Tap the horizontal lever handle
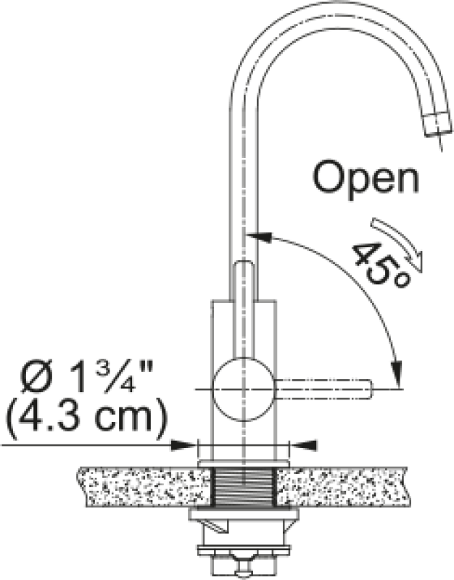pyautogui.click(x=323, y=389)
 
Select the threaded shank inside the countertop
pyautogui.click(x=244, y=486)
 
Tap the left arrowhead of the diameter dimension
pyautogui.click(x=183, y=445)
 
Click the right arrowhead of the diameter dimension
pyautogui.click(x=304, y=445)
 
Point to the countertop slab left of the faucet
pyautogui.click(x=145, y=486)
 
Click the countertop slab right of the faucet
pyautogui.click(x=342, y=486)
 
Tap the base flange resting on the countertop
pyautogui.click(x=244, y=463)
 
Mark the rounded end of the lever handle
pyautogui.click(x=368, y=389)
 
